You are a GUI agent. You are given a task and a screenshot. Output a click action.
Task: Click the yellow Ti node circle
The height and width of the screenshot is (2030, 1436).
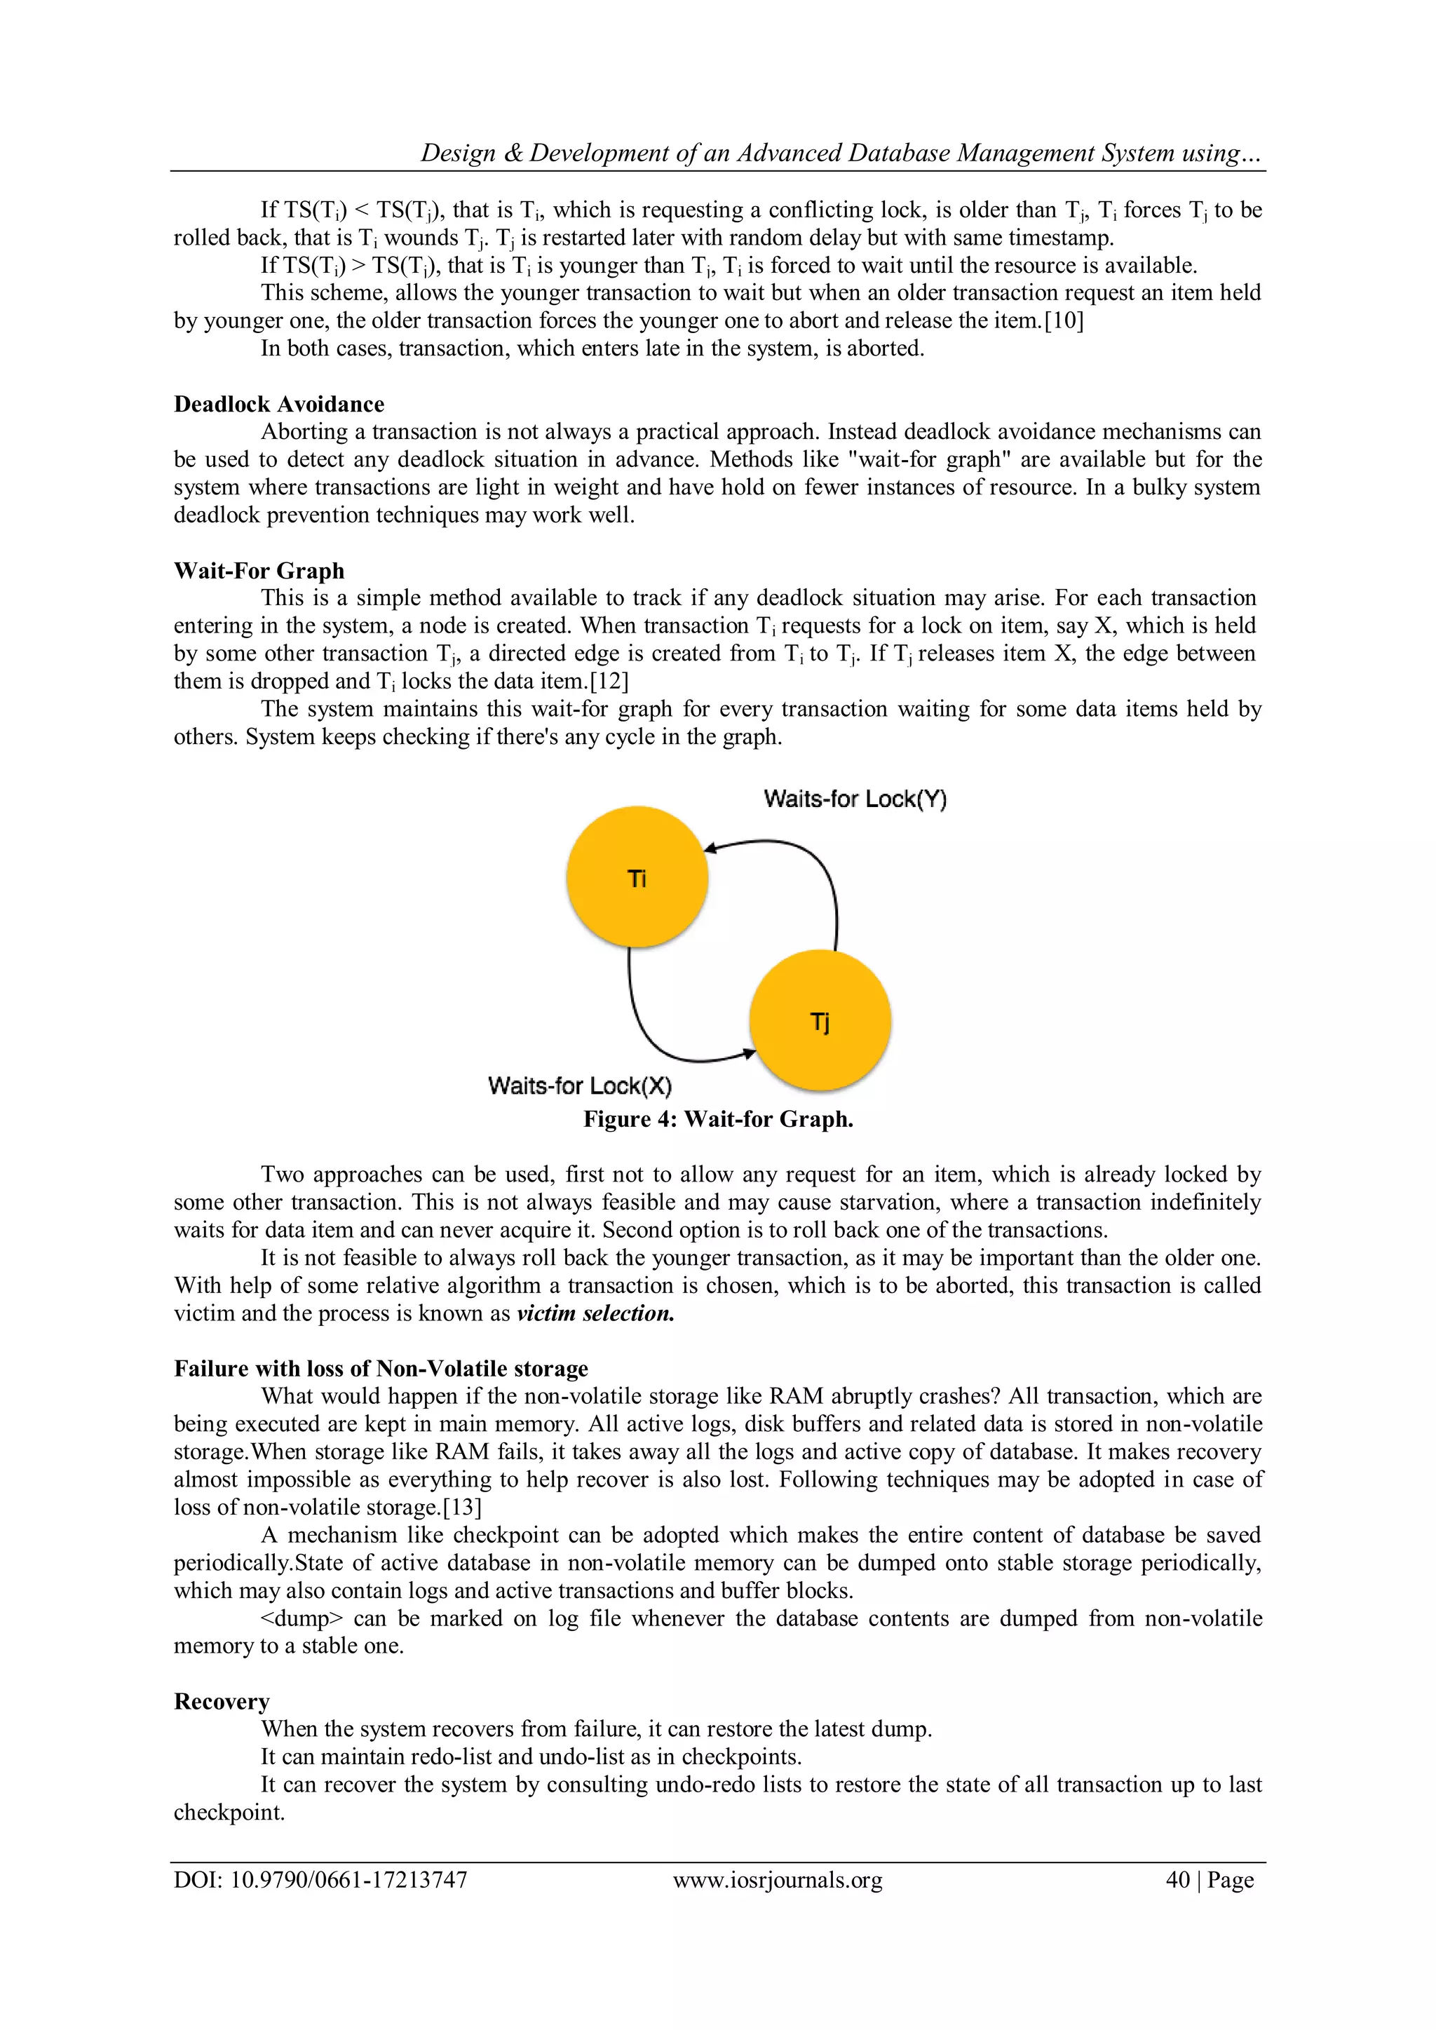coord(637,877)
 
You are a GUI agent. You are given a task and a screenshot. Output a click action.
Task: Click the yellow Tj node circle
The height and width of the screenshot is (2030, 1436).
coord(820,1020)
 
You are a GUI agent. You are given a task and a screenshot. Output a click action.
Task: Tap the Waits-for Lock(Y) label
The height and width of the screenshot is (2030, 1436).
coord(854,799)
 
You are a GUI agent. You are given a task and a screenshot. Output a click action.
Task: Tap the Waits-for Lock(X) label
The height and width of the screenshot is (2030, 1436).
coord(579,1085)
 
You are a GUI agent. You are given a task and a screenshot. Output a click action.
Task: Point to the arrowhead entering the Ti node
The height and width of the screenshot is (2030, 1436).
coord(710,848)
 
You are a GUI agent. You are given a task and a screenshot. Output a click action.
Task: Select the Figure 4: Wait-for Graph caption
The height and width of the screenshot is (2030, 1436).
coord(718,1119)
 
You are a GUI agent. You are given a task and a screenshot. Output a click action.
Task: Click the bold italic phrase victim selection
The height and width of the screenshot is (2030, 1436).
coord(595,1313)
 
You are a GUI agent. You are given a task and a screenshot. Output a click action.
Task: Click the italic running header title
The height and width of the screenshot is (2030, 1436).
coord(840,153)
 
